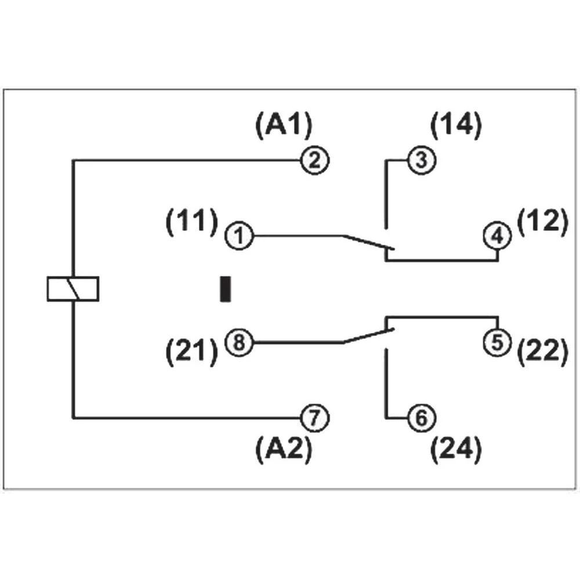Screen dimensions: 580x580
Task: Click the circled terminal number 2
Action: pyautogui.click(x=314, y=159)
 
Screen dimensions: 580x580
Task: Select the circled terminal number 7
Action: pyautogui.click(x=314, y=417)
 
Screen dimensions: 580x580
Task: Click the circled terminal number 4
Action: pyautogui.click(x=498, y=236)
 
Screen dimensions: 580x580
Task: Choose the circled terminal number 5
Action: pyautogui.click(x=498, y=341)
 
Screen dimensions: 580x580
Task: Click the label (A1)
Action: pyautogui.click(x=284, y=125)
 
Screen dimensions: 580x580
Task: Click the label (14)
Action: pyautogui.click(x=456, y=125)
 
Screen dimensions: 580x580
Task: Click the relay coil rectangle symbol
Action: pyautogui.click(x=73, y=289)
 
